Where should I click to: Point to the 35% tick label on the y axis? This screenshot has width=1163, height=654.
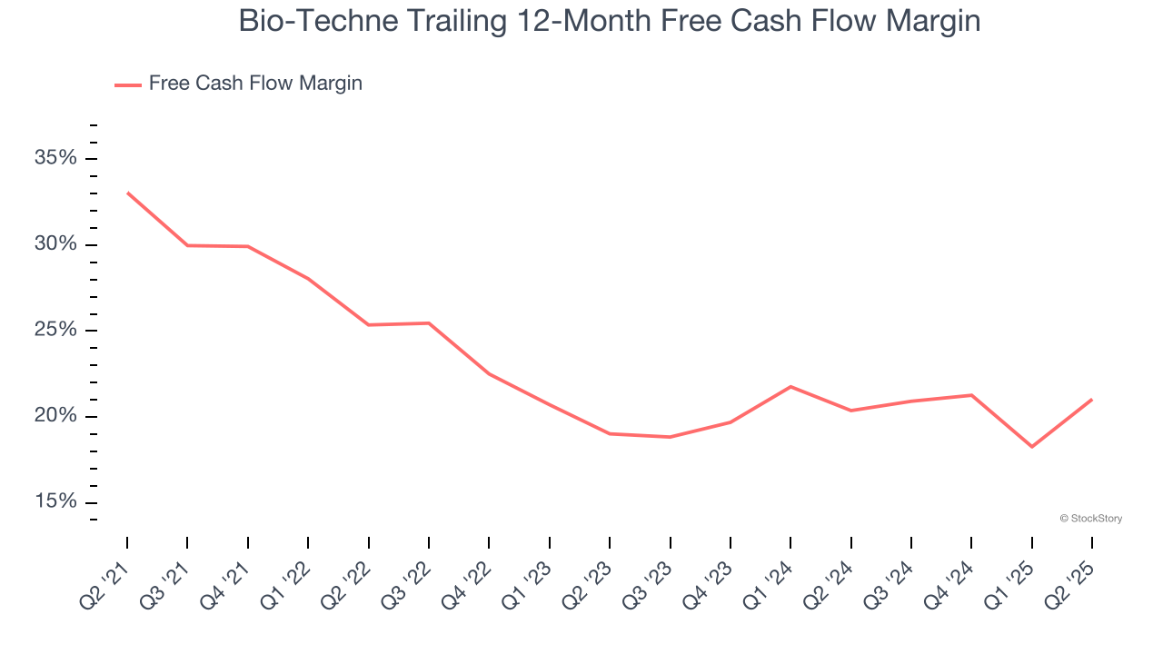click(55, 159)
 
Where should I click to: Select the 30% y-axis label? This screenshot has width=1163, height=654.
click(55, 245)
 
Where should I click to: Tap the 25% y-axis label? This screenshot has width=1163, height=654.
click(55, 331)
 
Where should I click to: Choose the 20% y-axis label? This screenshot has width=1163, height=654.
click(55, 417)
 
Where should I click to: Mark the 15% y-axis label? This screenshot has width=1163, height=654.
click(55, 502)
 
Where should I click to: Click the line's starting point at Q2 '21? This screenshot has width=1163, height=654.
click(127, 193)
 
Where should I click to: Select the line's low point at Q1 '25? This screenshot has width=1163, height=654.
click(1032, 447)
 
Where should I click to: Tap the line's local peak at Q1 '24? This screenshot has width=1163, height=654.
click(790, 387)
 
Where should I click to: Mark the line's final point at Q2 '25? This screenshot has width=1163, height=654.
click(1092, 400)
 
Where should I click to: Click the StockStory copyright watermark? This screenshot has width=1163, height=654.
click(1090, 519)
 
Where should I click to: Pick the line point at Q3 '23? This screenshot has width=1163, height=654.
click(670, 437)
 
